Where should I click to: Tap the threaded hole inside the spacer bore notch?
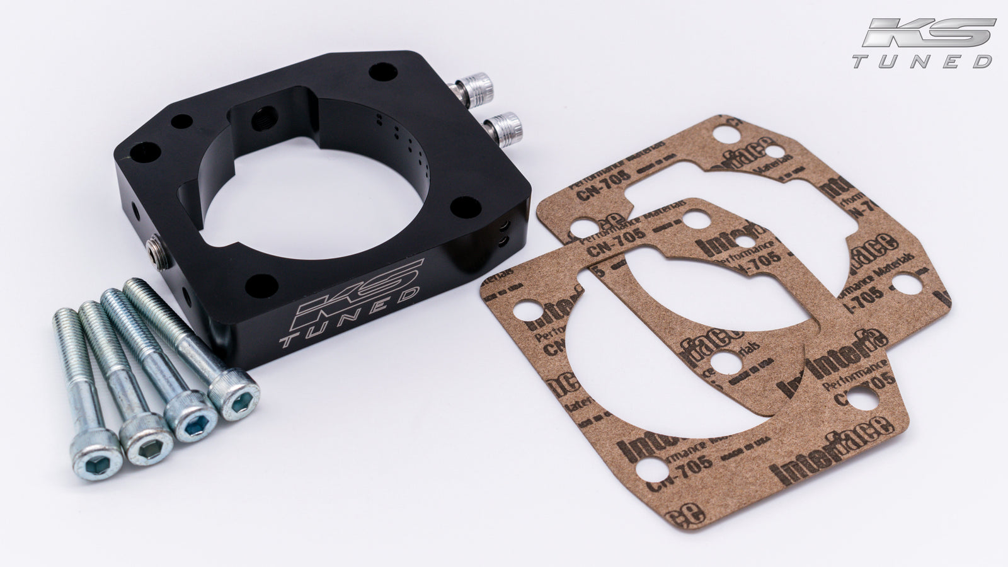258,117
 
